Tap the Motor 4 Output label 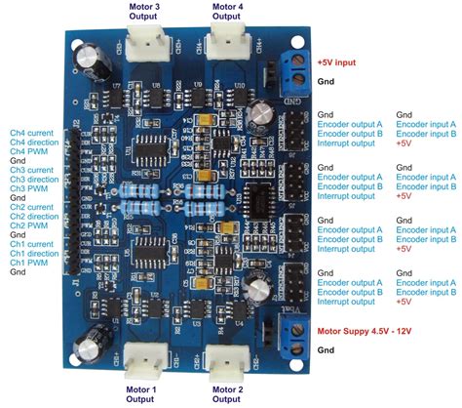coord(231,11)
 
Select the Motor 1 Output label coord(142,394)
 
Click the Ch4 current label coord(32,131)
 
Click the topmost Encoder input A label coord(429,124)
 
